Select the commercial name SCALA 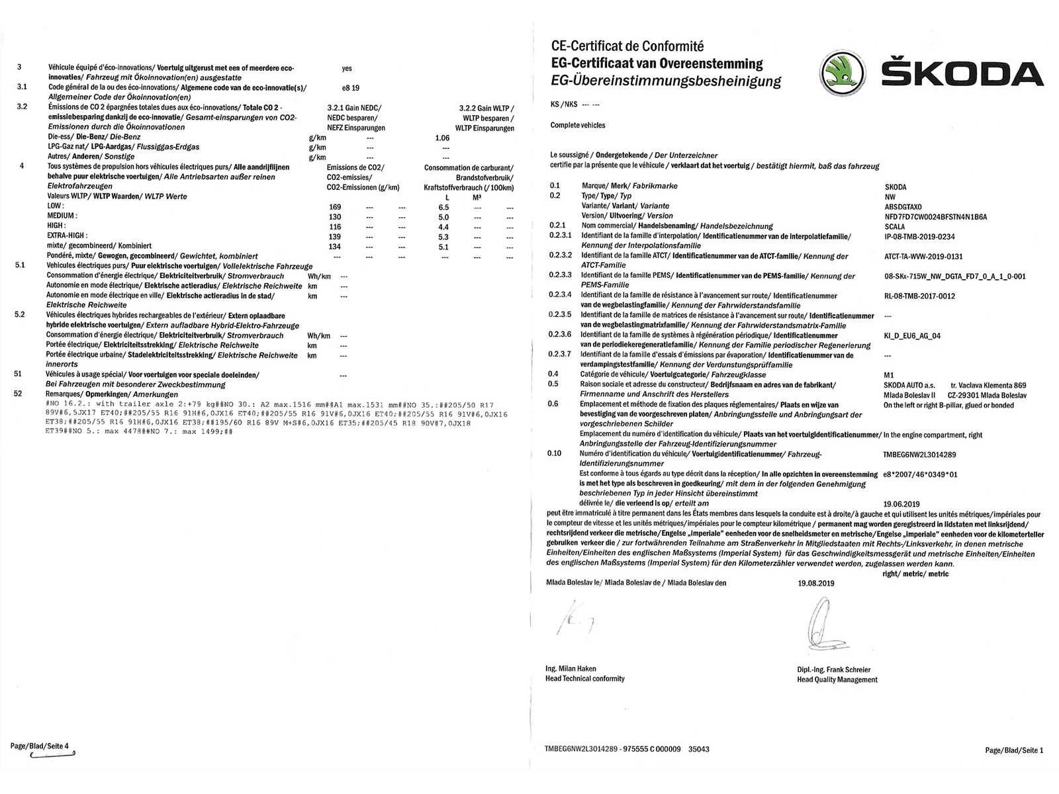pyautogui.click(x=894, y=226)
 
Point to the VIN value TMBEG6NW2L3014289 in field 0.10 pyautogui.click(x=919, y=455)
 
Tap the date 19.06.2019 pyautogui.click(x=901, y=504)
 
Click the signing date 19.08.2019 pyautogui.click(x=816, y=583)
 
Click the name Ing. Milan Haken pyautogui.click(x=571, y=668)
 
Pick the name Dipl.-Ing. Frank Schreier pyautogui.click(x=833, y=670)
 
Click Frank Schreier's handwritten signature pyautogui.click(x=819, y=625)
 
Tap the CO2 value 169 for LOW pyautogui.click(x=335, y=207)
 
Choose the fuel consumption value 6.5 pyautogui.click(x=443, y=207)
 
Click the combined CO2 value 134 pyautogui.click(x=335, y=247)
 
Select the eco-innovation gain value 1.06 pyautogui.click(x=442, y=138)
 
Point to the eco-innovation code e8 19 pyautogui.click(x=350, y=87)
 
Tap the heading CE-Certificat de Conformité pyautogui.click(x=627, y=46)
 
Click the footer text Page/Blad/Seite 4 pyautogui.click(x=39, y=746)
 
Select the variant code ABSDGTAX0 pyautogui.click(x=903, y=206)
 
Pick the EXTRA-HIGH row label pyautogui.click(x=67, y=236)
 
